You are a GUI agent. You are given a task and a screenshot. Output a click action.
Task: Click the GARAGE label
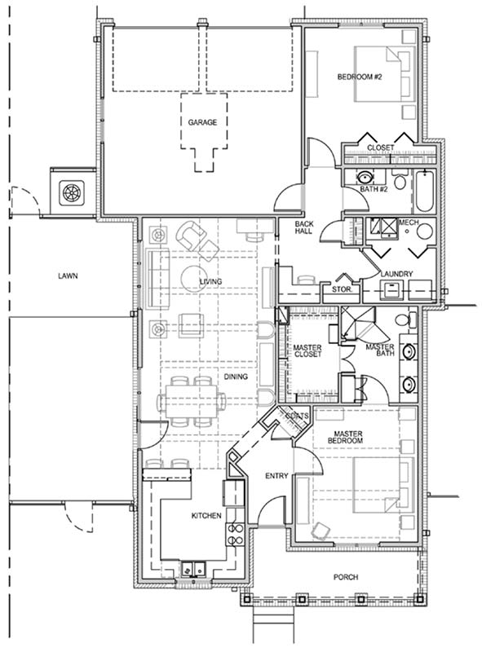[x=202, y=122]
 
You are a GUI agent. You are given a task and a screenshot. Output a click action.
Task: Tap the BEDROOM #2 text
[x=359, y=77]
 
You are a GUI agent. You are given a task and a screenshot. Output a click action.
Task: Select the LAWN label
[x=68, y=275]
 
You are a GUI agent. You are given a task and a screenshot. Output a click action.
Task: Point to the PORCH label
[x=346, y=577]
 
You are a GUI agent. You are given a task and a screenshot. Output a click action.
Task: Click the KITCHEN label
[x=206, y=516]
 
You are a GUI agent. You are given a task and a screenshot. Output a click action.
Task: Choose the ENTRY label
[x=276, y=476]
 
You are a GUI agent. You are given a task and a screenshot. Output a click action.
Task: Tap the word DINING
[x=236, y=377]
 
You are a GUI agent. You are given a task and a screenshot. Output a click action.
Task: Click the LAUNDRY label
[x=396, y=274]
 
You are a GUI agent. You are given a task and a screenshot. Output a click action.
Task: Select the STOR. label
[x=342, y=289]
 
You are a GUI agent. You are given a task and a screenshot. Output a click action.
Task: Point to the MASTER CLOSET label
[x=307, y=351]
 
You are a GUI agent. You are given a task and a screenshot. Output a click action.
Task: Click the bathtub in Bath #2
[x=424, y=192]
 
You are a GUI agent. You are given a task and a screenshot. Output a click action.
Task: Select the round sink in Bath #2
[x=365, y=178]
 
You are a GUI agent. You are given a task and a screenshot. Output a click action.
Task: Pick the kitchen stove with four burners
[x=234, y=535]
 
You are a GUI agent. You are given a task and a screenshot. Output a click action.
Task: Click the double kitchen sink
[x=193, y=569]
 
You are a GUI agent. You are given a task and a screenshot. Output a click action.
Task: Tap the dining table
[x=192, y=401]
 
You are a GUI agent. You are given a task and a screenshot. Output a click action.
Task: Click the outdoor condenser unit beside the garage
[x=72, y=193]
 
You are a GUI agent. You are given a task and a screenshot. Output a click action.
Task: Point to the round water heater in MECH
[x=425, y=231]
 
